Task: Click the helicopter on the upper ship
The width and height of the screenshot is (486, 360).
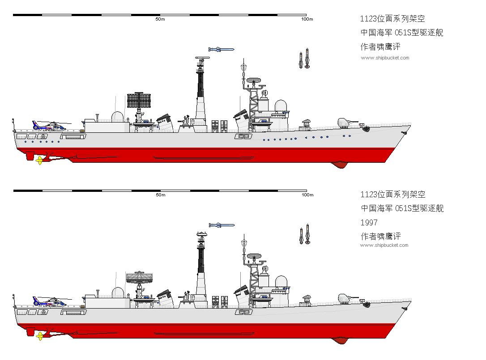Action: (x=50, y=126)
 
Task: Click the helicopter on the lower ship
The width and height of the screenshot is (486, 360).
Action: (x=50, y=301)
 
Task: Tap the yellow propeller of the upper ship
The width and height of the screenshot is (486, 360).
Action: (x=40, y=161)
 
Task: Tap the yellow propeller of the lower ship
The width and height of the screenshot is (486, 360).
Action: (x=40, y=336)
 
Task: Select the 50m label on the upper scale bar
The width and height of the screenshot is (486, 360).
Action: (x=160, y=19)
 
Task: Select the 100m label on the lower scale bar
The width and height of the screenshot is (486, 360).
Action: (x=307, y=195)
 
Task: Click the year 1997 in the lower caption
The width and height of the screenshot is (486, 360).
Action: (x=369, y=222)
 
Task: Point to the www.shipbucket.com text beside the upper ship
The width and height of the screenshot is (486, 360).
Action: (x=385, y=58)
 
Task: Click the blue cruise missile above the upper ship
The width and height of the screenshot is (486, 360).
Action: (x=222, y=49)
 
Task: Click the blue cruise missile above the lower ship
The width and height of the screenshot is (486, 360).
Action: (x=222, y=225)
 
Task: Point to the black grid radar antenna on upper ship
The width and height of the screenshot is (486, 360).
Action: (x=139, y=100)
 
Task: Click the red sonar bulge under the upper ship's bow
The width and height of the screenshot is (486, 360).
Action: (x=339, y=165)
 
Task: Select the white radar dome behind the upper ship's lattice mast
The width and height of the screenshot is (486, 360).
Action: (x=281, y=106)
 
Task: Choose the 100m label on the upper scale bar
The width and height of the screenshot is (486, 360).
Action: (x=307, y=19)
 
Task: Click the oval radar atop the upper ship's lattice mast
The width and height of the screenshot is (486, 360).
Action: (x=254, y=80)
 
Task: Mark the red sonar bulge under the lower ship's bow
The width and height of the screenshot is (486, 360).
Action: (x=340, y=340)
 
